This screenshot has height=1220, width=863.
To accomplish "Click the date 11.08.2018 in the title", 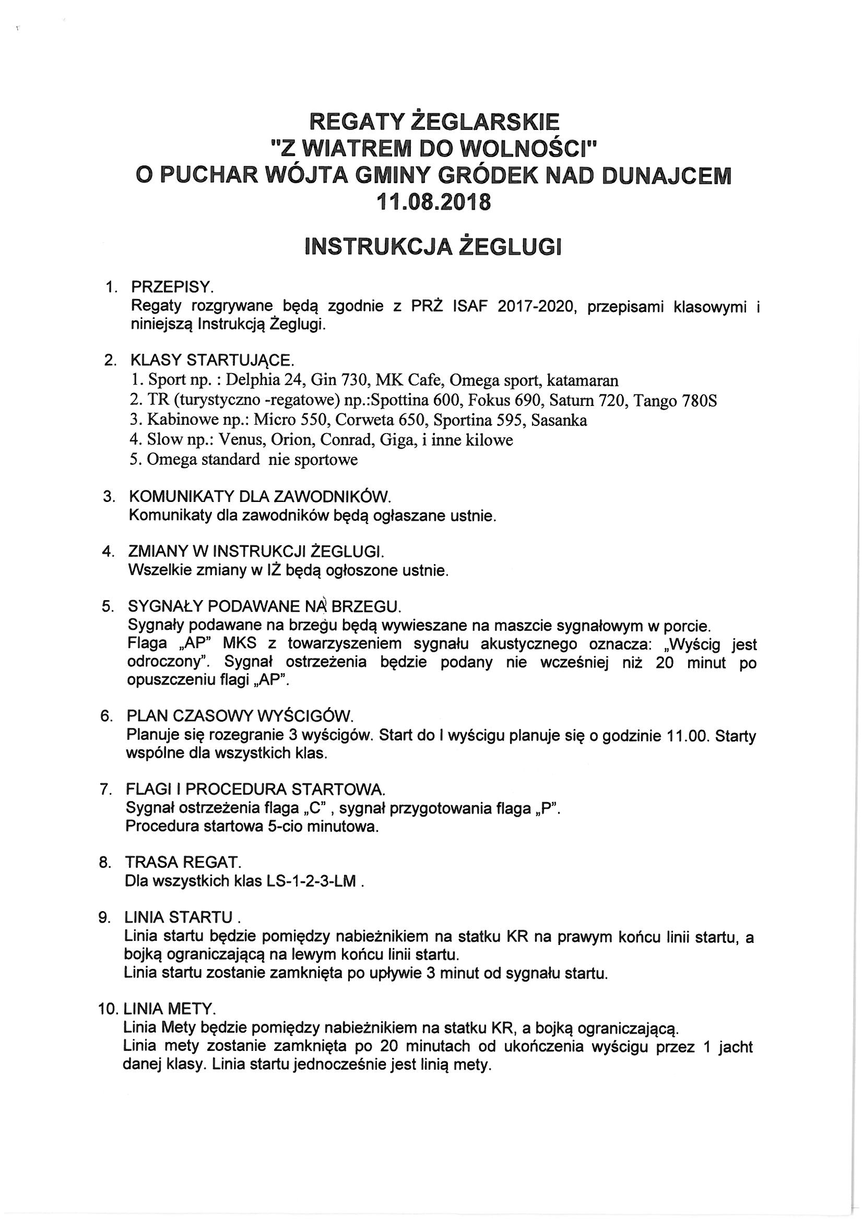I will point(433,202).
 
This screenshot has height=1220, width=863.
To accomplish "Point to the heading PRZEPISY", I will point(172,288).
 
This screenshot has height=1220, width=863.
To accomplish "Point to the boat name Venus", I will point(241,440).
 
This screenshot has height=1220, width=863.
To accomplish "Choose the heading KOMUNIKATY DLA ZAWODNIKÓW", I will point(260,496).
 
